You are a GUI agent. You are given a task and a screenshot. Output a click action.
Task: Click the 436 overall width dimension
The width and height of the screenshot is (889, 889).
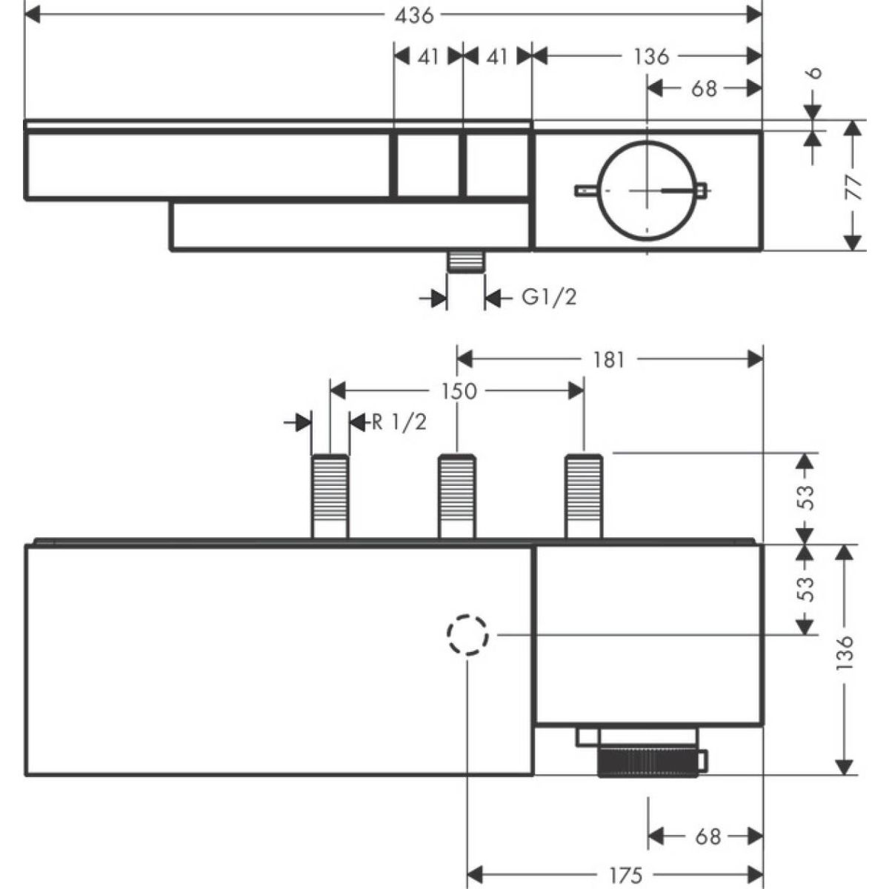point(414,14)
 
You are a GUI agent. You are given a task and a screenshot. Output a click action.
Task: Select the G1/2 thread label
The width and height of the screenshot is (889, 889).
point(549,298)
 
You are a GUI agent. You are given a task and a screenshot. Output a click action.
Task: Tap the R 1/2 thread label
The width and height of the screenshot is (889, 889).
point(399,422)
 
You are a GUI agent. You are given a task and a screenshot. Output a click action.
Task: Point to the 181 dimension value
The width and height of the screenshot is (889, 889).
point(609,360)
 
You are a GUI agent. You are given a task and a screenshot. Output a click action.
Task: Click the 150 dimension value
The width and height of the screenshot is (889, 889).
point(459,391)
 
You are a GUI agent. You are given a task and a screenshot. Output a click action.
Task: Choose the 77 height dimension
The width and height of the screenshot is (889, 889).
point(855,187)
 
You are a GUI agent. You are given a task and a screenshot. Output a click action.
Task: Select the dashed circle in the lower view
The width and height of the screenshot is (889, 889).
point(467,635)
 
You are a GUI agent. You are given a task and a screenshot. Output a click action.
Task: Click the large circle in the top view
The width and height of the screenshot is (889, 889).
point(647,190)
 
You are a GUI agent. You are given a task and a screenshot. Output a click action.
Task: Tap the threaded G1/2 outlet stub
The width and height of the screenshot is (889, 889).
point(465,263)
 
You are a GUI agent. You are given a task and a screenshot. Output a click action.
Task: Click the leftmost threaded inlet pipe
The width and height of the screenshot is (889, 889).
point(330,494)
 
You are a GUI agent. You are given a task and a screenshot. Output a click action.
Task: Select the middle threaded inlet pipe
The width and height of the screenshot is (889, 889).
point(457,494)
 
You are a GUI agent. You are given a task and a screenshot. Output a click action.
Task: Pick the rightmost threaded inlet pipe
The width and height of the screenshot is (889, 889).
point(584,494)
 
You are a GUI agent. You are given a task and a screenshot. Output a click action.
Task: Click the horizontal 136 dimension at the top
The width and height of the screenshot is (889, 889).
point(651,56)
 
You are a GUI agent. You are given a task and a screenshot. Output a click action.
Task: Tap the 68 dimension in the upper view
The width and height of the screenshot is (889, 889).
point(704,88)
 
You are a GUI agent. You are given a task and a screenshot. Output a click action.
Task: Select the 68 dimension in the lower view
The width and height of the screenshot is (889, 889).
point(707,836)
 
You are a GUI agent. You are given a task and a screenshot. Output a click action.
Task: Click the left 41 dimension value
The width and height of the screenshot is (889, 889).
point(428,56)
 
